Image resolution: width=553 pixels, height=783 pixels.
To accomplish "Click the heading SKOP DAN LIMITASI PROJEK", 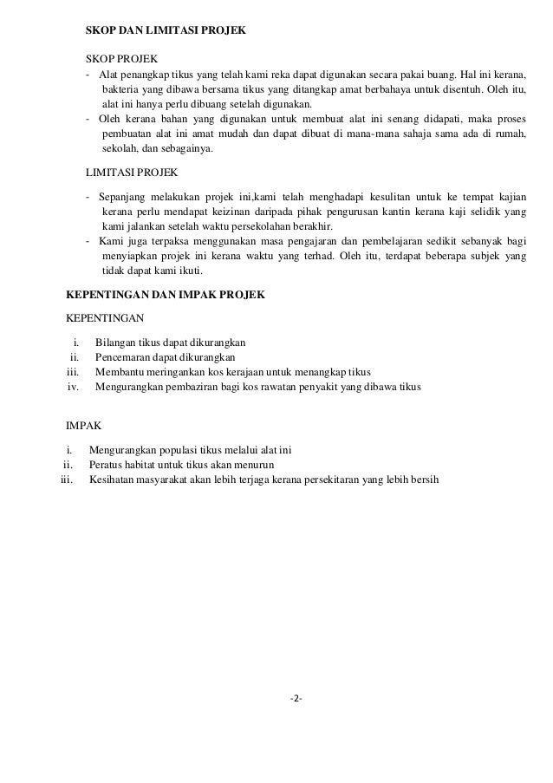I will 166,30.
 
